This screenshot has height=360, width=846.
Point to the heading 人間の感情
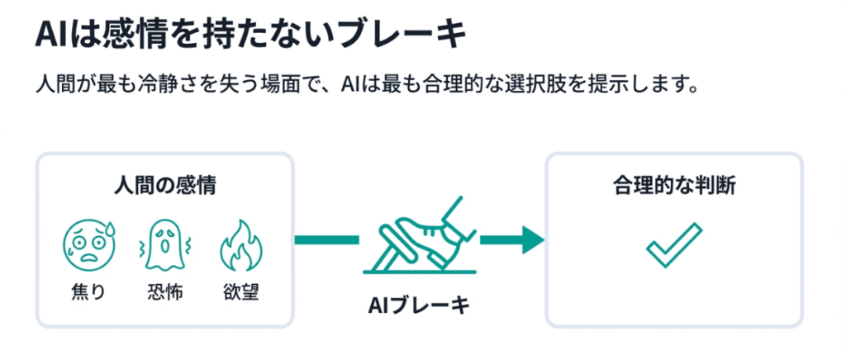click(x=164, y=186)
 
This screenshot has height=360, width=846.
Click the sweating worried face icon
click(x=88, y=246)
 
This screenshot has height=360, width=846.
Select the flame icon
click(x=240, y=246)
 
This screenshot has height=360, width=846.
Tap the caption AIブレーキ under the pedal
click(x=418, y=306)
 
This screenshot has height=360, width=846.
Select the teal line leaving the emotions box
click(x=326, y=240)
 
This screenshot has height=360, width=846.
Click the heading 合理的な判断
click(x=674, y=186)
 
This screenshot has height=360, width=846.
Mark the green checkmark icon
click(x=673, y=245)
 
